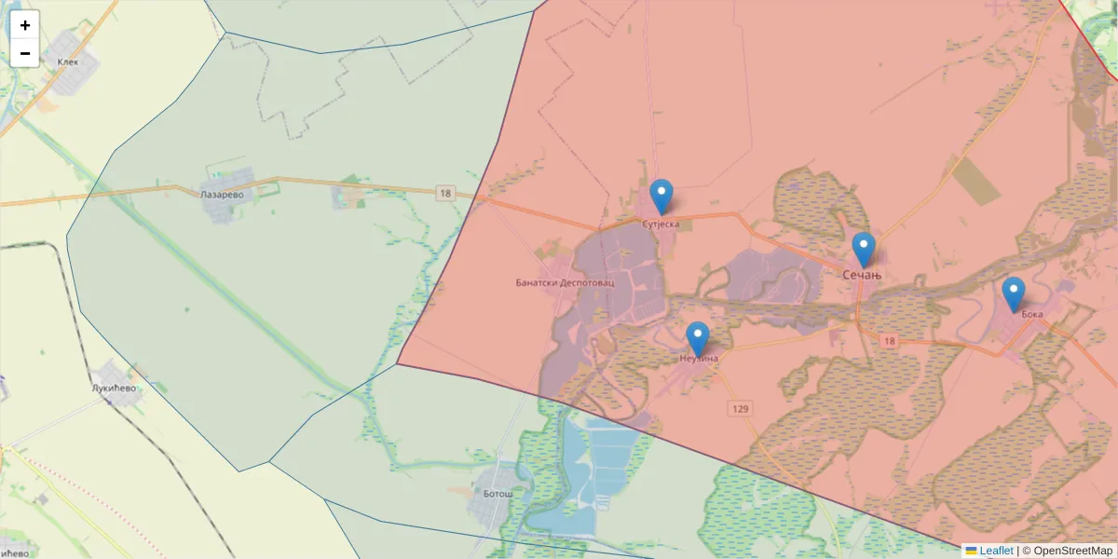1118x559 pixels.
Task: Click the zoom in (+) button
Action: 25,25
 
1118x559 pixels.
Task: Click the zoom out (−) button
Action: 25,53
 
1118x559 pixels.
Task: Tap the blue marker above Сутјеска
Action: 661,197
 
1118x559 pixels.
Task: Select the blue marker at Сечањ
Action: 864,250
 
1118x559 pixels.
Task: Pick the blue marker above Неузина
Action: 697,339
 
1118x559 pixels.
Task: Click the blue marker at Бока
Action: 1013,294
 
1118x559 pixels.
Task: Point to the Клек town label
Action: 68,62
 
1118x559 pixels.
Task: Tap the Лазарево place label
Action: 222,196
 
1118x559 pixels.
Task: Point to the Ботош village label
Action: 498,493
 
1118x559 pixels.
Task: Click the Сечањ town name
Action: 862,275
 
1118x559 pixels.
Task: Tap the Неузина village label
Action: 700,358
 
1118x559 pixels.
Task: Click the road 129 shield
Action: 741,408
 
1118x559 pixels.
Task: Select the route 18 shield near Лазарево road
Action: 444,193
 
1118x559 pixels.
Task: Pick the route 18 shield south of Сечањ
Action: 889,342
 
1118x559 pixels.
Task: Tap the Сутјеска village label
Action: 661,224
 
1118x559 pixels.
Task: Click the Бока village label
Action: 1031,314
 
